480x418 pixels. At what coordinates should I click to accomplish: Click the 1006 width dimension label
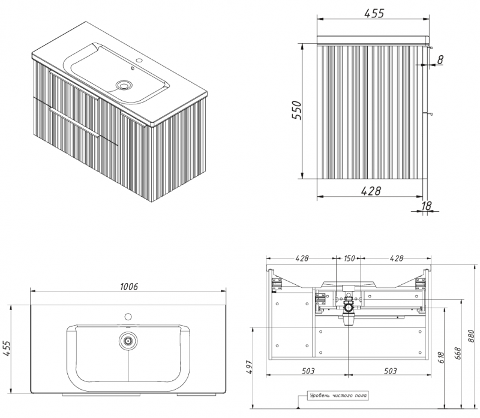coord(129,287)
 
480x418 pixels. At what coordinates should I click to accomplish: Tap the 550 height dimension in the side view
coord(296,110)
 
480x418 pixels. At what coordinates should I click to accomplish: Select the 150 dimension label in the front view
coord(349,258)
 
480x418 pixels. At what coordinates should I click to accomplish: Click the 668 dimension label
coord(458,353)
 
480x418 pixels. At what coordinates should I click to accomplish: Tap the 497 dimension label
coord(248,367)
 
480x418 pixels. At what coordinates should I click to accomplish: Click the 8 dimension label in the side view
coord(440,60)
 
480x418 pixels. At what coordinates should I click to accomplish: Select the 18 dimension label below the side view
coord(426,206)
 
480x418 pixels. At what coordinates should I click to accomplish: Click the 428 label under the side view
coord(371,191)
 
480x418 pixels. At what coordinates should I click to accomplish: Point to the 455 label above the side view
coord(374,13)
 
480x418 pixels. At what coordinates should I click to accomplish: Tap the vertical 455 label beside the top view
coord(7,348)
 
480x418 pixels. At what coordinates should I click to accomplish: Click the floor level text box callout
coord(338,396)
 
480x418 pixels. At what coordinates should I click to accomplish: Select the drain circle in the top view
coord(128,340)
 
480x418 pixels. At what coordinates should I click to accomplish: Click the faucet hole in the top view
coord(128,317)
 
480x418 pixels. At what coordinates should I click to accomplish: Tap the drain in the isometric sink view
coord(125,85)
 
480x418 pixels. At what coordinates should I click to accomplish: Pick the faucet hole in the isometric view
coord(139,61)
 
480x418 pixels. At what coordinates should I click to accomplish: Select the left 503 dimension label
coord(308,371)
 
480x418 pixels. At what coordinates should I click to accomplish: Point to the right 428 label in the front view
coord(397,258)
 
